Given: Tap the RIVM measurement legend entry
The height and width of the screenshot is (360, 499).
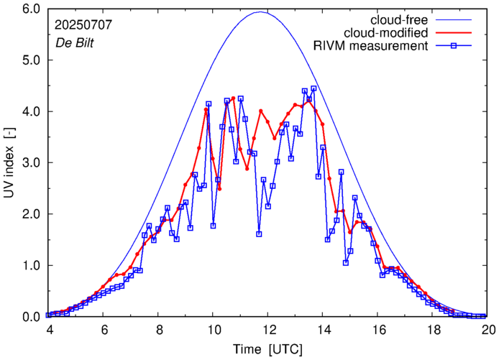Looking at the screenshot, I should (x=375, y=47).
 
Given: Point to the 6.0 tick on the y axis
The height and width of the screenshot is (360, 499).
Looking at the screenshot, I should (x=32, y=9).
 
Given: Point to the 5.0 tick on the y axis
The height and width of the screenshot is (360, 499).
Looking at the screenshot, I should (x=32, y=60).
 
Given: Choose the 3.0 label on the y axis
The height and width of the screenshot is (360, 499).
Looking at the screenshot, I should (x=32, y=163).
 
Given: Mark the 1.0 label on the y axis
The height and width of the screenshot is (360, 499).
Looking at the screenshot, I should (x=32, y=266).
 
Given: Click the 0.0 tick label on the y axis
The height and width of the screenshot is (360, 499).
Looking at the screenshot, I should (x=32, y=317).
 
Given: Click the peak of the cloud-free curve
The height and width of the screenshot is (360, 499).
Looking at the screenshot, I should (x=260, y=11).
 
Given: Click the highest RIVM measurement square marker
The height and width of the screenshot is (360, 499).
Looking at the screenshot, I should (x=313, y=88).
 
